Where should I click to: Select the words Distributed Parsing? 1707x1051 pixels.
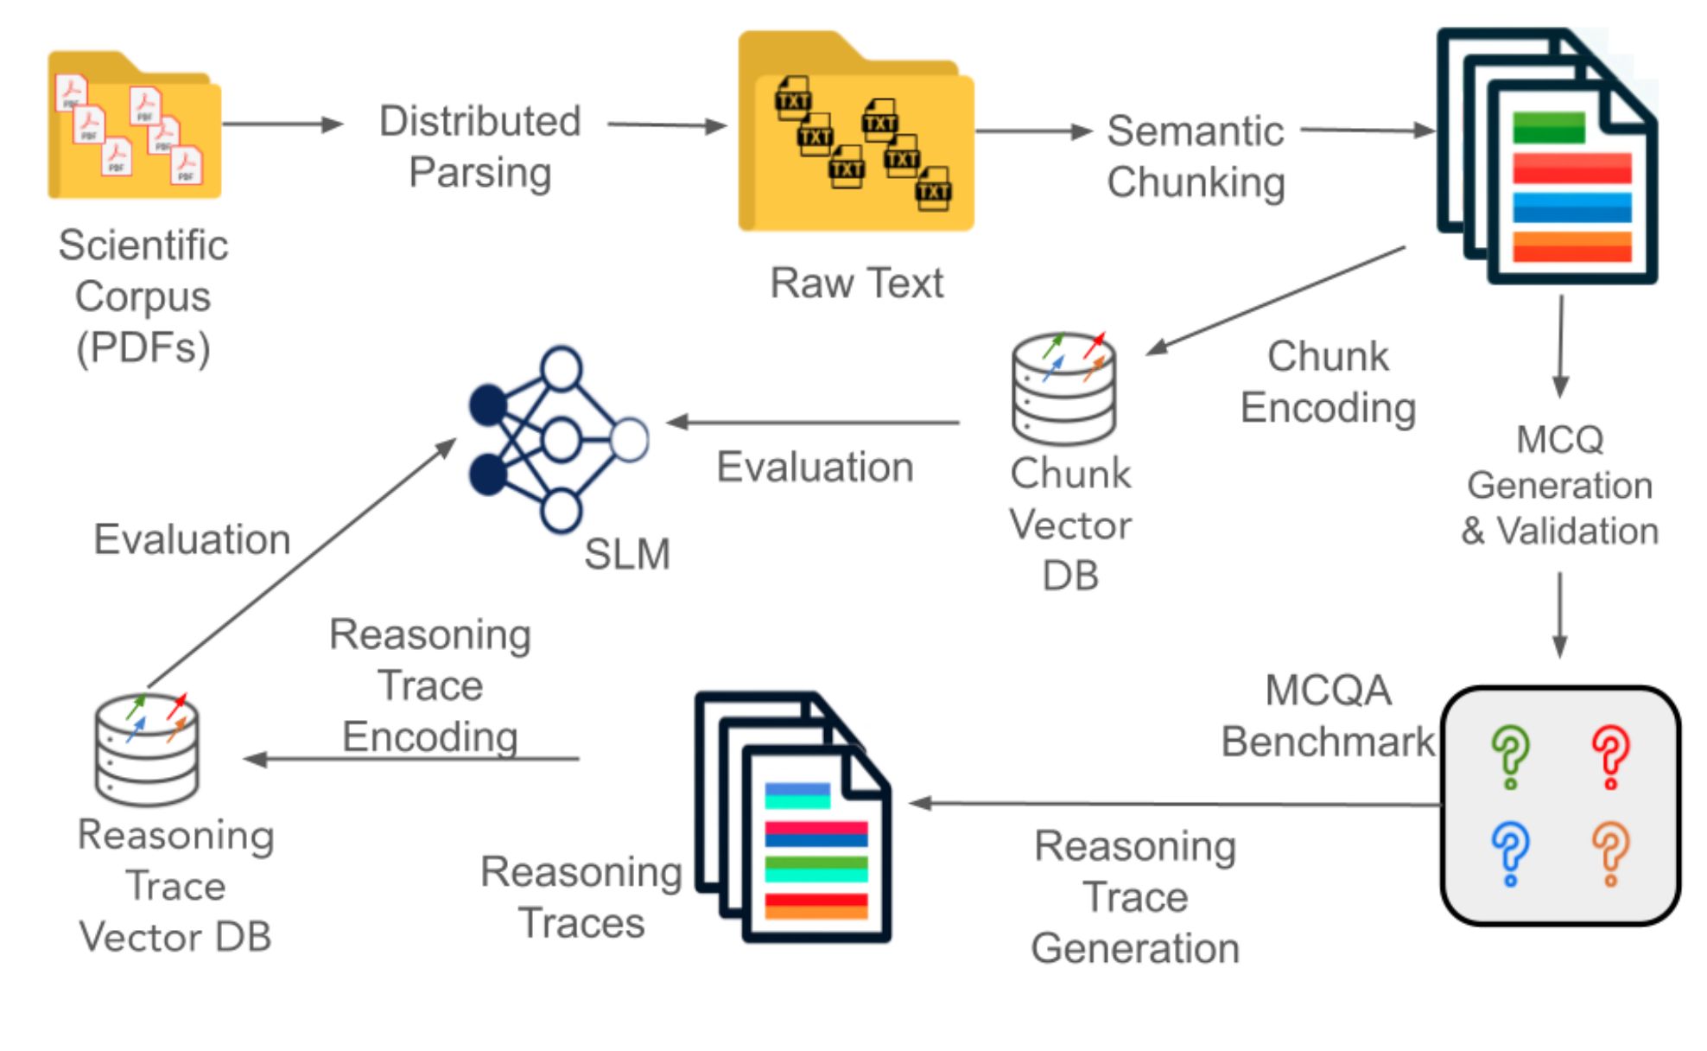coord(479,146)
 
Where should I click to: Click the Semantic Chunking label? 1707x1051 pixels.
coord(1196,156)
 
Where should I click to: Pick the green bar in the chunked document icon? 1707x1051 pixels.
coord(1548,128)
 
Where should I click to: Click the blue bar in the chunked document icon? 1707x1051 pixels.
coord(1571,207)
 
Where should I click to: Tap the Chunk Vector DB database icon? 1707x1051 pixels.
coord(1064,389)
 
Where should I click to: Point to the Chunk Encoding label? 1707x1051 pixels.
coord(1328,382)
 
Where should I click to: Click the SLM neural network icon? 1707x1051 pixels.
coord(557,439)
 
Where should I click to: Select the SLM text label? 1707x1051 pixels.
coord(626,554)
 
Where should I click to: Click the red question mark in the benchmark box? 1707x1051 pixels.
coord(1610,755)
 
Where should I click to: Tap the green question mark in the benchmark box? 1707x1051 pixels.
coord(1510,755)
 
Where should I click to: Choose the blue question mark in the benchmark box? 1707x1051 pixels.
coord(1510,852)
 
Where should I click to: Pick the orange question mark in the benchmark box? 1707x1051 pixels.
coord(1610,852)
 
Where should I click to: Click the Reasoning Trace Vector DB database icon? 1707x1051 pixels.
coord(147,748)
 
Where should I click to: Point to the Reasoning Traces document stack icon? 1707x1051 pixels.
coord(793,817)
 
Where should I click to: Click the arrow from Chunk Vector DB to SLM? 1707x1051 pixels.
coord(812,423)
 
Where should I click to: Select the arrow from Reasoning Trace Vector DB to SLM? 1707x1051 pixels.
coord(302,562)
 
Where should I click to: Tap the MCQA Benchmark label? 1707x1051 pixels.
coord(1327,716)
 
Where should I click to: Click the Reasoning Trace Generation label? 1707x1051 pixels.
coord(1135,897)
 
